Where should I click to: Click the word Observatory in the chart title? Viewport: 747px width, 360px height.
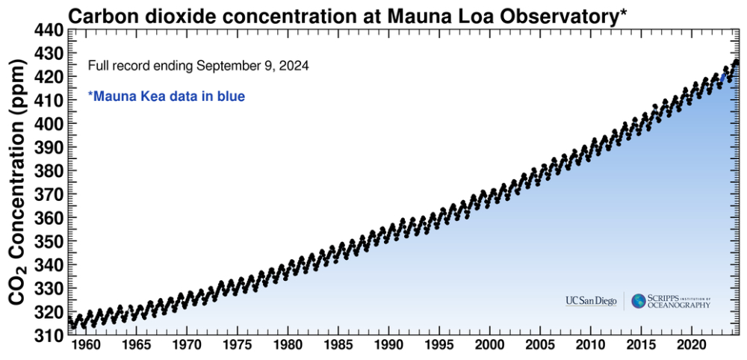point(548,15)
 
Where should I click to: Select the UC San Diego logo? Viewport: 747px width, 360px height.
point(591,301)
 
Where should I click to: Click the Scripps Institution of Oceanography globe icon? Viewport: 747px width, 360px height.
point(639,301)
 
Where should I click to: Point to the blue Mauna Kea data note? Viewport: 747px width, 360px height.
point(167,96)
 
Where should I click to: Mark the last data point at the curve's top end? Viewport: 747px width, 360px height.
point(737,61)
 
